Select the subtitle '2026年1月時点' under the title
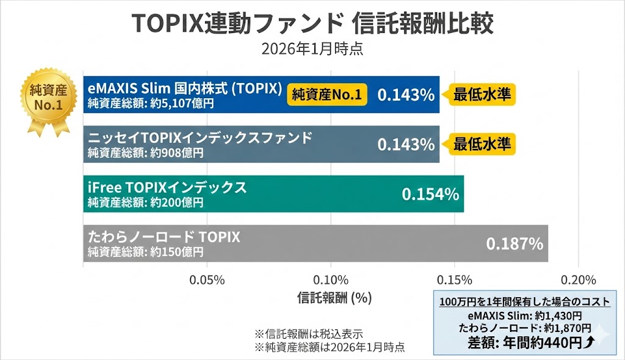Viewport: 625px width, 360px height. (312, 49)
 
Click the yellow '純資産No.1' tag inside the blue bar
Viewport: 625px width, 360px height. (327, 95)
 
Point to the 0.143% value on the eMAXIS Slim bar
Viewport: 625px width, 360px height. (406, 95)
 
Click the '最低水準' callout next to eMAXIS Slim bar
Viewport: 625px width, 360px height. (482, 95)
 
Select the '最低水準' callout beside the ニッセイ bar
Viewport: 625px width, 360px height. (482, 145)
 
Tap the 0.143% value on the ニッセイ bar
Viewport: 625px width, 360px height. (406, 145)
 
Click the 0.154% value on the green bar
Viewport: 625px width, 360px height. (430, 194)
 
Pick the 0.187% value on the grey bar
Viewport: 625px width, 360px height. (515, 244)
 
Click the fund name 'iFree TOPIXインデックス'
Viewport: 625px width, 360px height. (167, 187)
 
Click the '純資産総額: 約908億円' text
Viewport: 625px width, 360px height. (145, 153)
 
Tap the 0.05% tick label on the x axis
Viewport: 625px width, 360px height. (208, 280)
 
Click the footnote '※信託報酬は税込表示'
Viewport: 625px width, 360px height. (308, 334)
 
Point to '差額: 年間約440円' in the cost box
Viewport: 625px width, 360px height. (524, 342)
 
